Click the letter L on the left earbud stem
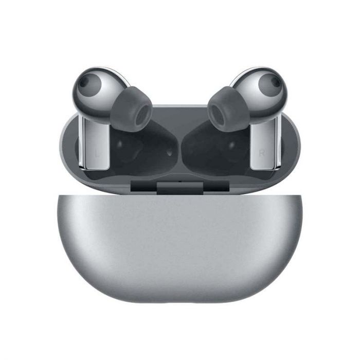tap(98, 153)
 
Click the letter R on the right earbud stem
tap(262, 153)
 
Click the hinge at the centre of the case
tap(180, 187)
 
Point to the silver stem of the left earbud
tap(95, 143)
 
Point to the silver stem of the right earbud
tap(264, 143)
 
